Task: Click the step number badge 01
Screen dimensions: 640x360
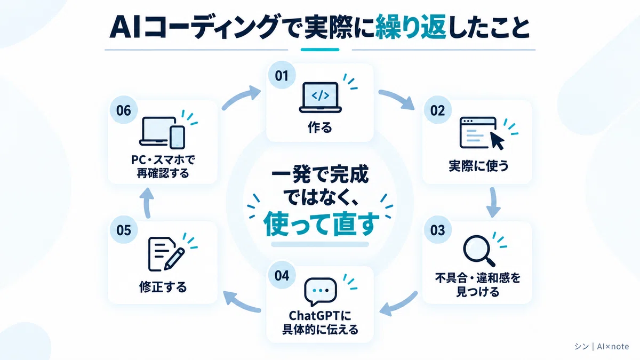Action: click(x=282, y=75)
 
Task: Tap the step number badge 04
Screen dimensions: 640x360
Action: click(x=282, y=275)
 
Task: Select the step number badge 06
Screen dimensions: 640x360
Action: click(x=123, y=110)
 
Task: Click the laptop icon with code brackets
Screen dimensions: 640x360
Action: click(x=321, y=98)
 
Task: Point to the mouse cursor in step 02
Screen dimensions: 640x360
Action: click(x=497, y=141)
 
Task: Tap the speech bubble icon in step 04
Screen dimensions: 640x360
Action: click(x=321, y=291)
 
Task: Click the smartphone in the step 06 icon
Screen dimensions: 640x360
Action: click(x=178, y=138)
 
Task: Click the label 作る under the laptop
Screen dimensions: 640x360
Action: click(x=320, y=127)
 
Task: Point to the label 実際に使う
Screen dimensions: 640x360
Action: click(x=478, y=166)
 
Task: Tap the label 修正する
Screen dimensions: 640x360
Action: click(x=163, y=287)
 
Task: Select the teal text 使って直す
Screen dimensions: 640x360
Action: click(x=321, y=225)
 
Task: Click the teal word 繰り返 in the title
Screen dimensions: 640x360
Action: click(x=411, y=27)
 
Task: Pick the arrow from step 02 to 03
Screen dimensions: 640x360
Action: click(x=493, y=202)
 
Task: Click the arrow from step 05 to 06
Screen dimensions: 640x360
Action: click(x=147, y=203)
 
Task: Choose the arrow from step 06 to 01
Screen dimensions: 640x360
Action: click(x=242, y=97)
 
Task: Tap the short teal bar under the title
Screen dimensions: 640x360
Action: click(x=320, y=50)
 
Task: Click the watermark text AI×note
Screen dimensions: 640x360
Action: click(x=613, y=346)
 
